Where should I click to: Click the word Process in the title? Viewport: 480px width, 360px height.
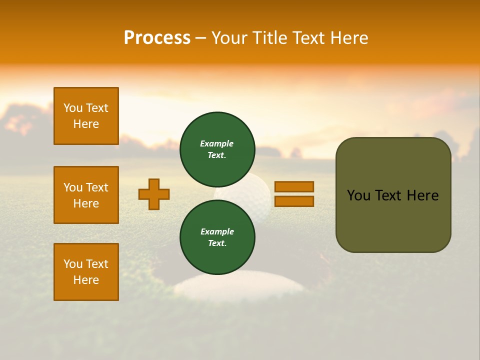pyautogui.click(x=157, y=38)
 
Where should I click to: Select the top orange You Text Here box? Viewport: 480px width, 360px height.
pyautogui.click(x=86, y=116)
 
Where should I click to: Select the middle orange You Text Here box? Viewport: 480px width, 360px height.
pyautogui.click(x=86, y=195)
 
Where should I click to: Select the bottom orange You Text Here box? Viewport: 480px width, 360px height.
pyautogui.click(x=86, y=272)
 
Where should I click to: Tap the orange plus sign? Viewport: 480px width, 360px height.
pyautogui.click(x=154, y=194)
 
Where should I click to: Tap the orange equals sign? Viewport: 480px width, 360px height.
pyautogui.click(x=294, y=194)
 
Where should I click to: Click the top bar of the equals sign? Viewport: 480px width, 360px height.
pyautogui.click(x=294, y=187)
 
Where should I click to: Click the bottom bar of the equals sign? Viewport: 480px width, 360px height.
pyautogui.click(x=294, y=201)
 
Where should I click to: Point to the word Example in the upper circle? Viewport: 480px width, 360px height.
pyautogui.click(x=217, y=143)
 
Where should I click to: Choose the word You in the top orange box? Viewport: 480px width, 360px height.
pyautogui.click(x=73, y=108)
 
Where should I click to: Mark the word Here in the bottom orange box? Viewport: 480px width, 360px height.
pyautogui.click(x=86, y=280)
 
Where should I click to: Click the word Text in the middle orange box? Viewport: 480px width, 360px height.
pyautogui.click(x=96, y=187)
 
